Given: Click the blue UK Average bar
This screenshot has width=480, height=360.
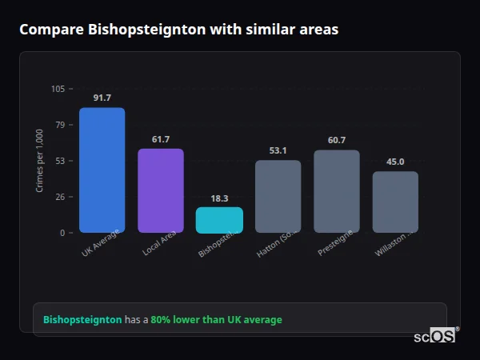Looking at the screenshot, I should tap(102, 170).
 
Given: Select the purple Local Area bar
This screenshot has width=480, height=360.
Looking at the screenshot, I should tap(160, 190).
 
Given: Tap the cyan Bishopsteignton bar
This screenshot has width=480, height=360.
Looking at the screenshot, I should tap(219, 220).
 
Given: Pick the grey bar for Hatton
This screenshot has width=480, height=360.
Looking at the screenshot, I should tap(278, 197).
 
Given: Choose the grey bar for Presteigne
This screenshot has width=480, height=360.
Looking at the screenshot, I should tap(336, 191).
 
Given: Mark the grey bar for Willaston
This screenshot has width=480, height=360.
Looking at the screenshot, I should tap(395, 202).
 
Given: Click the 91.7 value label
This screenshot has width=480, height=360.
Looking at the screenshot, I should tap(102, 98).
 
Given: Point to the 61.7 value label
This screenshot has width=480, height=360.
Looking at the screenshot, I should tap(160, 139).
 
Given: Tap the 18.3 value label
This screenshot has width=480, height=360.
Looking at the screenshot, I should tap(219, 198).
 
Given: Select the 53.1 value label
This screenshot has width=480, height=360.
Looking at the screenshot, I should tap(278, 150).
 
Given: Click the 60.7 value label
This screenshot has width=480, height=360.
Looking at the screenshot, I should tap(336, 140).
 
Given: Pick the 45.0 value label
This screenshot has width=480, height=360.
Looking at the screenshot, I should tap(395, 162).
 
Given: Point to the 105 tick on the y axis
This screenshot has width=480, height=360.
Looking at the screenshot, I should tap(58, 89).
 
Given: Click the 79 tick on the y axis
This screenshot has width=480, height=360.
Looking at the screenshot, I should tap(60, 125).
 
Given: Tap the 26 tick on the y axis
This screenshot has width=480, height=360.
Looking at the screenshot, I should tap(60, 197).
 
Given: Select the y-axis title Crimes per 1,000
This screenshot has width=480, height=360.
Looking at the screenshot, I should tap(40, 161).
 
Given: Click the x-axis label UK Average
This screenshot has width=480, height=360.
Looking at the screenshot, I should tap(101, 243).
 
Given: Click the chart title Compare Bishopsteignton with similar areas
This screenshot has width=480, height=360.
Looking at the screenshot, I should tap(178, 30).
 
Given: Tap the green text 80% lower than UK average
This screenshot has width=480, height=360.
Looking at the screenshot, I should tap(216, 319).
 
